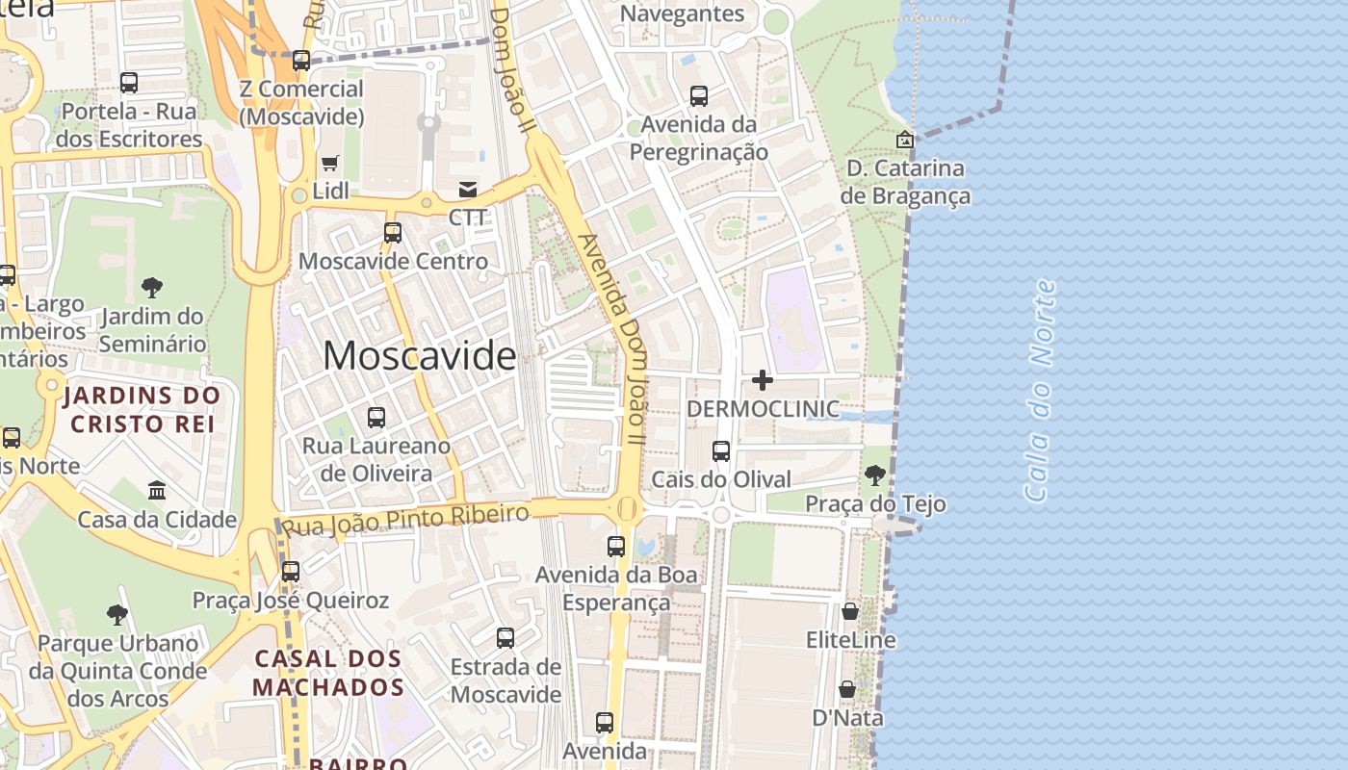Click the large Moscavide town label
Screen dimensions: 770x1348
419,356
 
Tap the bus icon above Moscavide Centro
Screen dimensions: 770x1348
392,232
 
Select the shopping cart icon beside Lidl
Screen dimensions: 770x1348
330,163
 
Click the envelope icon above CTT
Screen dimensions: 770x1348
468,189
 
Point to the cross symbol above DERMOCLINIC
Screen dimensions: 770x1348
762,380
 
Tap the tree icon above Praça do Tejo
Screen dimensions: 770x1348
874,475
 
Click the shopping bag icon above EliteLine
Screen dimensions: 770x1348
850,611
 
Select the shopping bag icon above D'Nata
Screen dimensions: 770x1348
847,689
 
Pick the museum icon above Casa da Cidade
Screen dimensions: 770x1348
157,491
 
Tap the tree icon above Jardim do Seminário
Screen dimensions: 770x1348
151,287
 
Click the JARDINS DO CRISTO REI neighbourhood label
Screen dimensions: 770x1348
143,409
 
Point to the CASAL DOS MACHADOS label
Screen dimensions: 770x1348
328,673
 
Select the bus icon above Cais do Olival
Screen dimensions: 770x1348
720,450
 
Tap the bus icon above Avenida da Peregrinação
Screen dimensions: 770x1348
699,96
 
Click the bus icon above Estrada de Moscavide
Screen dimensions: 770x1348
505,637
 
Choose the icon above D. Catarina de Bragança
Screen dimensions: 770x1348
904,140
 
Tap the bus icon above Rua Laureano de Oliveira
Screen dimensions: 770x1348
376,418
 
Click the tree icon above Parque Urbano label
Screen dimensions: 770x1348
117,614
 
